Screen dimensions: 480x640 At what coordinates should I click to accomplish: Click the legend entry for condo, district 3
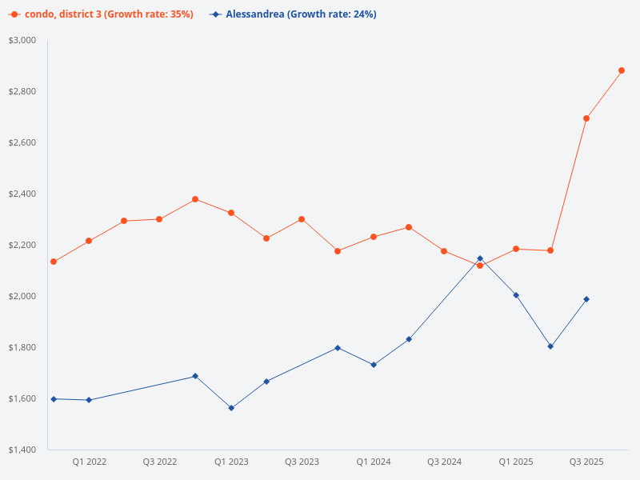tap(101, 14)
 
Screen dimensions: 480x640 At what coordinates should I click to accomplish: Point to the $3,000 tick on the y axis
tap(22, 40)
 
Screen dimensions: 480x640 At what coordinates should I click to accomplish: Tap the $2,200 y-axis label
tap(22, 245)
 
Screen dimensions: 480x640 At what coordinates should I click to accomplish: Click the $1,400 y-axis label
tap(22, 450)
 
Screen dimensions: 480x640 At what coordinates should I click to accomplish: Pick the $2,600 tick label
tap(22, 142)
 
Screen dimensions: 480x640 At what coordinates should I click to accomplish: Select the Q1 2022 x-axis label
tap(89, 462)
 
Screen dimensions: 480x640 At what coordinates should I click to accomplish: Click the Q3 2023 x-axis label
tap(302, 462)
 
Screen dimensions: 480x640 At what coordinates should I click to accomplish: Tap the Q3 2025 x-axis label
tap(586, 462)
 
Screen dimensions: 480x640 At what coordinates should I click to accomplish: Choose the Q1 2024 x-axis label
tap(374, 462)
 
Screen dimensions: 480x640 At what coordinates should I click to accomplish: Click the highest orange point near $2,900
tap(622, 70)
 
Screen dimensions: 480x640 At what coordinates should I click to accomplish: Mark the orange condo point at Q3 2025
tap(586, 118)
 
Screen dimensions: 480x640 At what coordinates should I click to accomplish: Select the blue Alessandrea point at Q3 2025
tap(586, 299)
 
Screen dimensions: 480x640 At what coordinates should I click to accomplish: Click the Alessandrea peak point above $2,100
tap(480, 258)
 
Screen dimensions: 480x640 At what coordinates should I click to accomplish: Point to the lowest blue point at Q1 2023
tap(231, 408)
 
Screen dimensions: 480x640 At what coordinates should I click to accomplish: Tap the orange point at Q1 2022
tap(89, 241)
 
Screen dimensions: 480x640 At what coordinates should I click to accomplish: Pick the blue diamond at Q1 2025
tap(516, 295)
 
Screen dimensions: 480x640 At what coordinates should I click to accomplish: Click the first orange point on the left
tap(54, 262)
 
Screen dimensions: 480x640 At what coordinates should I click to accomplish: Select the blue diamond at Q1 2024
tap(374, 365)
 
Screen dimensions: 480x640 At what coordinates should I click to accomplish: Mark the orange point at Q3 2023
tap(302, 219)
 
